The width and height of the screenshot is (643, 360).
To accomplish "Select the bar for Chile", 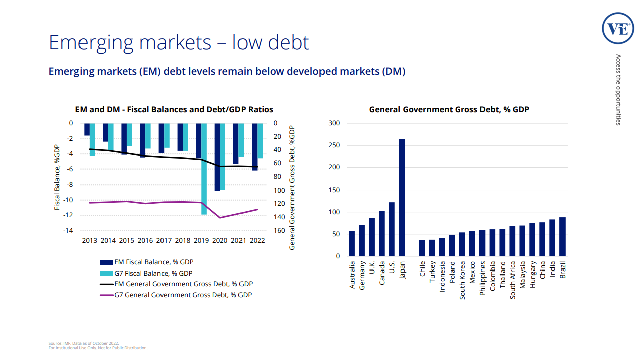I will pos(422,248).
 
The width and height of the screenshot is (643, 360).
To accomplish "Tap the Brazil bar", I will pos(562,237).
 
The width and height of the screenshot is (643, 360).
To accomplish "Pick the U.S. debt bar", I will pos(392,229).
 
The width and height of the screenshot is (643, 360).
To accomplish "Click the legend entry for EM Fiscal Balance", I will pos(146,262).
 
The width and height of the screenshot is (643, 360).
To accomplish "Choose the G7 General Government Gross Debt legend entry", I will pos(176,295).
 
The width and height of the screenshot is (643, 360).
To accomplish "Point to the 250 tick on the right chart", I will pos(334,145).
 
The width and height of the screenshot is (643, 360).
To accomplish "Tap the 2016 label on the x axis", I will pos(145,240).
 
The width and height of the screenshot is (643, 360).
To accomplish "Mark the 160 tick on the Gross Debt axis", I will pos(279,231).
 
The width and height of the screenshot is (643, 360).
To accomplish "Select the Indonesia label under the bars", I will pos(442,276).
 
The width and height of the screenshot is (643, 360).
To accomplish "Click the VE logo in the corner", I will pos(617,28).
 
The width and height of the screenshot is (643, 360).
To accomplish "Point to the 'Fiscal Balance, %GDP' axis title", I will pos(57,177).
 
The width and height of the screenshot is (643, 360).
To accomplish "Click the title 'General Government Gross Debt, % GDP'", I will pos(449,109).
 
